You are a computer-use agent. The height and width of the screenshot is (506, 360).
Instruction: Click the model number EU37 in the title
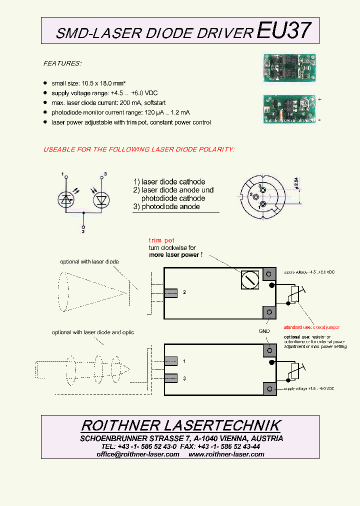(x=283, y=31)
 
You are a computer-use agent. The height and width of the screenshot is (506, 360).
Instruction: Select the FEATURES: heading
(x=62, y=63)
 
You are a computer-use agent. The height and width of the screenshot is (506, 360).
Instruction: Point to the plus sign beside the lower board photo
(x=319, y=99)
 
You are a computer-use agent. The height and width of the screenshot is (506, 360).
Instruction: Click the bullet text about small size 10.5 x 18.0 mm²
(x=88, y=83)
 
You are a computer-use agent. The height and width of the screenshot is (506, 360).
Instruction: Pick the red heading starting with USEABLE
(x=139, y=149)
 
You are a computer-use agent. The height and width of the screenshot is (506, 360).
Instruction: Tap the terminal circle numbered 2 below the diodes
(x=83, y=226)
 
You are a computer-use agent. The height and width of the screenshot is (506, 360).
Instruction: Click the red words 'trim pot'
(x=161, y=240)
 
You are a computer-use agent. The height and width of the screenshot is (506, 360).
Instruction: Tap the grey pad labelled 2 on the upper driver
(x=170, y=292)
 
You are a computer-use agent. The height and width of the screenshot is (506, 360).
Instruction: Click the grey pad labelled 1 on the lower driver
(x=170, y=360)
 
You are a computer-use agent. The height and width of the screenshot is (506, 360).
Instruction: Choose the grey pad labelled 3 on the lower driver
(x=170, y=378)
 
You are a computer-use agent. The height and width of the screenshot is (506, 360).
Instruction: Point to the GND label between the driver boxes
(x=264, y=331)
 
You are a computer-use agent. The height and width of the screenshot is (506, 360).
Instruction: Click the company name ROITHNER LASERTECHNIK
(x=180, y=425)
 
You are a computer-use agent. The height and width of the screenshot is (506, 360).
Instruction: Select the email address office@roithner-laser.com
(x=138, y=454)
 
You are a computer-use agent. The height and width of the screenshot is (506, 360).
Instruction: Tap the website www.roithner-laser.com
(x=226, y=454)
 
